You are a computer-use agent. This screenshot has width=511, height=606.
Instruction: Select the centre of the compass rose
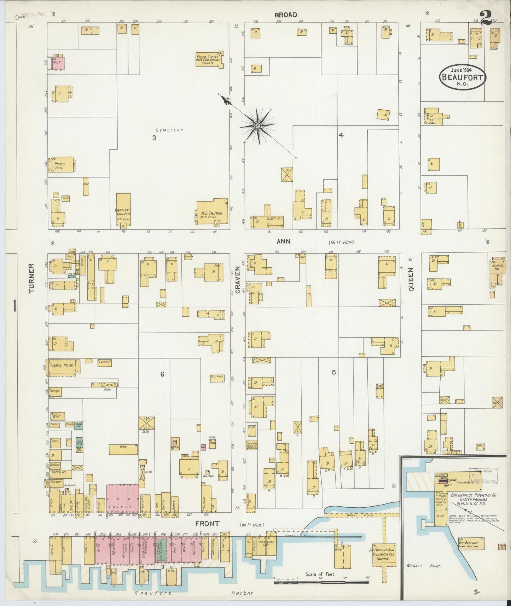point(258,126)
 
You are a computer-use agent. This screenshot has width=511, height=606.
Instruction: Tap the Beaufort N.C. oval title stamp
point(463,77)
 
